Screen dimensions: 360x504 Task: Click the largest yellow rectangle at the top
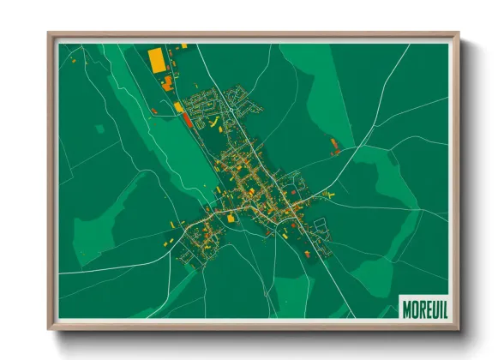tap(157, 58)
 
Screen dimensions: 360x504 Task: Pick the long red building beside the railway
tap(186, 119)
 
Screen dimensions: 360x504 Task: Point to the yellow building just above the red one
tap(178, 106)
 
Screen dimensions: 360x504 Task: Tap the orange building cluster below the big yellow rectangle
tap(167, 82)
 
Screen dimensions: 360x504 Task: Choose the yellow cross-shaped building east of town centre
tap(331, 195)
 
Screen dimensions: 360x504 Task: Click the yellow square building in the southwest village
tap(231, 219)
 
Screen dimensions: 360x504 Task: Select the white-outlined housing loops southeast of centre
tap(319, 227)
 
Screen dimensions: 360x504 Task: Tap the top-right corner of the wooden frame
tap(459, 35)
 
